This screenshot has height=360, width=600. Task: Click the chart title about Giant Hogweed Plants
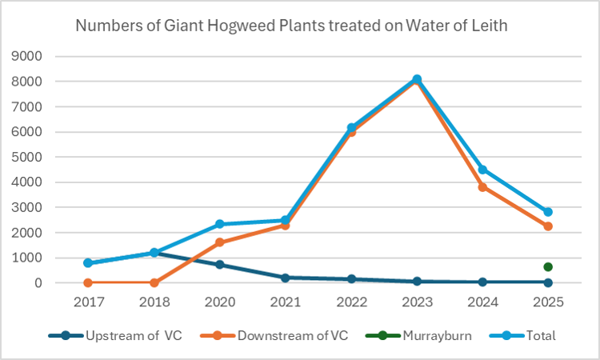(x=291, y=26)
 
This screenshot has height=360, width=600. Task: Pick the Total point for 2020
(x=219, y=224)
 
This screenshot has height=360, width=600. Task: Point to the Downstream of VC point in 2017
(x=88, y=282)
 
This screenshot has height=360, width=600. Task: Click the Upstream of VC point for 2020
(x=219, y=265)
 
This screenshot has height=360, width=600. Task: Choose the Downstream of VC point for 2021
(x=285, y=226)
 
